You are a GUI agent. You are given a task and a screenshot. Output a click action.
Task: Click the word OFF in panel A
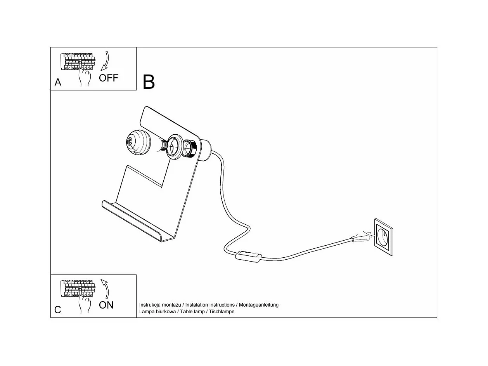pyautogui.click(x=108, y=78)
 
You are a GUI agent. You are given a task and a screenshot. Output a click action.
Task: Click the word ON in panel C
pyautogui.click(x=106, y=305)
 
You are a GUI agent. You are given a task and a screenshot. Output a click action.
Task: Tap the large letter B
pyautogui.click(x=149, y=82)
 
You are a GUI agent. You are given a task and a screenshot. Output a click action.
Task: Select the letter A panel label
pyautogui.click(x=58, y=82)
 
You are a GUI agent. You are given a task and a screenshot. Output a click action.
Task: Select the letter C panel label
pyautogui.click(x=58, y=310)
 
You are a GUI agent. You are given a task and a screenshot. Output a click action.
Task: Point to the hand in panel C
pyautogui.click(x=85, y=304)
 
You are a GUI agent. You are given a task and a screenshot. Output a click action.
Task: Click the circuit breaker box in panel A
pyautogui.click(x=78, y=61)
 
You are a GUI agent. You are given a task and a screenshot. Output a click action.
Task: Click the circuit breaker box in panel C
pyautogui.click(x=78, y=289)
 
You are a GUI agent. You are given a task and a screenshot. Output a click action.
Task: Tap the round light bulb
pyautogui.click(x=138, y=142)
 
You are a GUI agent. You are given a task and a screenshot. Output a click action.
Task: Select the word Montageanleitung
pyautogui.click(x=258, y=305)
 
